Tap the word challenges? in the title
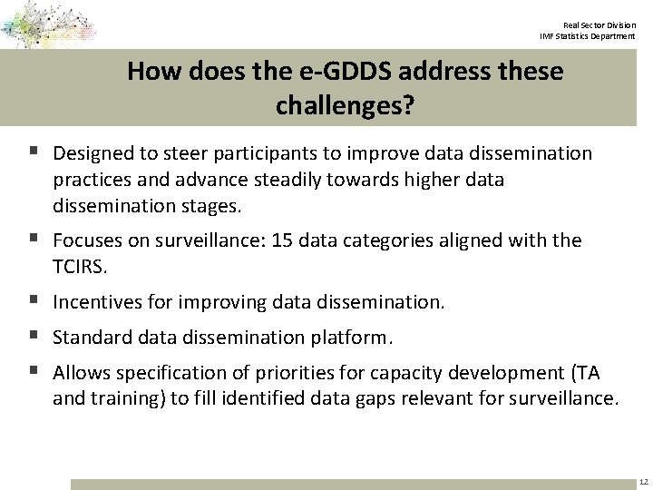pos(345,106)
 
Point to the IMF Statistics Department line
pos(587,36)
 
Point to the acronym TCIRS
pos(81,266)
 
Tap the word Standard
pos(92,338)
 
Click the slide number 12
pos(643,482)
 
